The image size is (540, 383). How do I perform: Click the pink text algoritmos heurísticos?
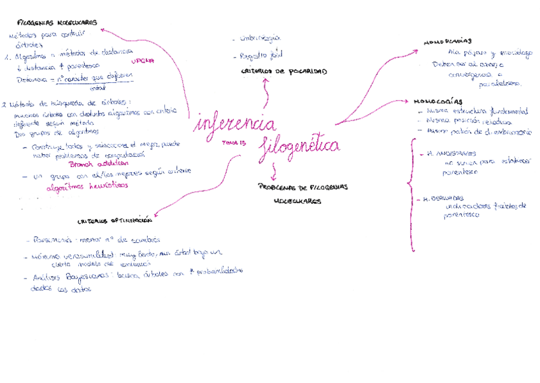tap(87, 186)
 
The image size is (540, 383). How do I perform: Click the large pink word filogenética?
tap(299, 148)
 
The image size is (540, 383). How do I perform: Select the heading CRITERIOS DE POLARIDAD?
tap(284, 71)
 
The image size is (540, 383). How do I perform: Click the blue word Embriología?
tap(260, 39)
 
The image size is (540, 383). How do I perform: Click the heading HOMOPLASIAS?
tap(447, 42)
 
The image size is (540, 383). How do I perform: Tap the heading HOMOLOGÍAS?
tap(438, 101)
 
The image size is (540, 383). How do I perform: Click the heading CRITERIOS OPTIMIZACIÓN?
tap(115, 220)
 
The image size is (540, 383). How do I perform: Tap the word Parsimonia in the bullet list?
tap(53, 241)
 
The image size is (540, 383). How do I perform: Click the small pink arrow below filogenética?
tap(274, 171)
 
